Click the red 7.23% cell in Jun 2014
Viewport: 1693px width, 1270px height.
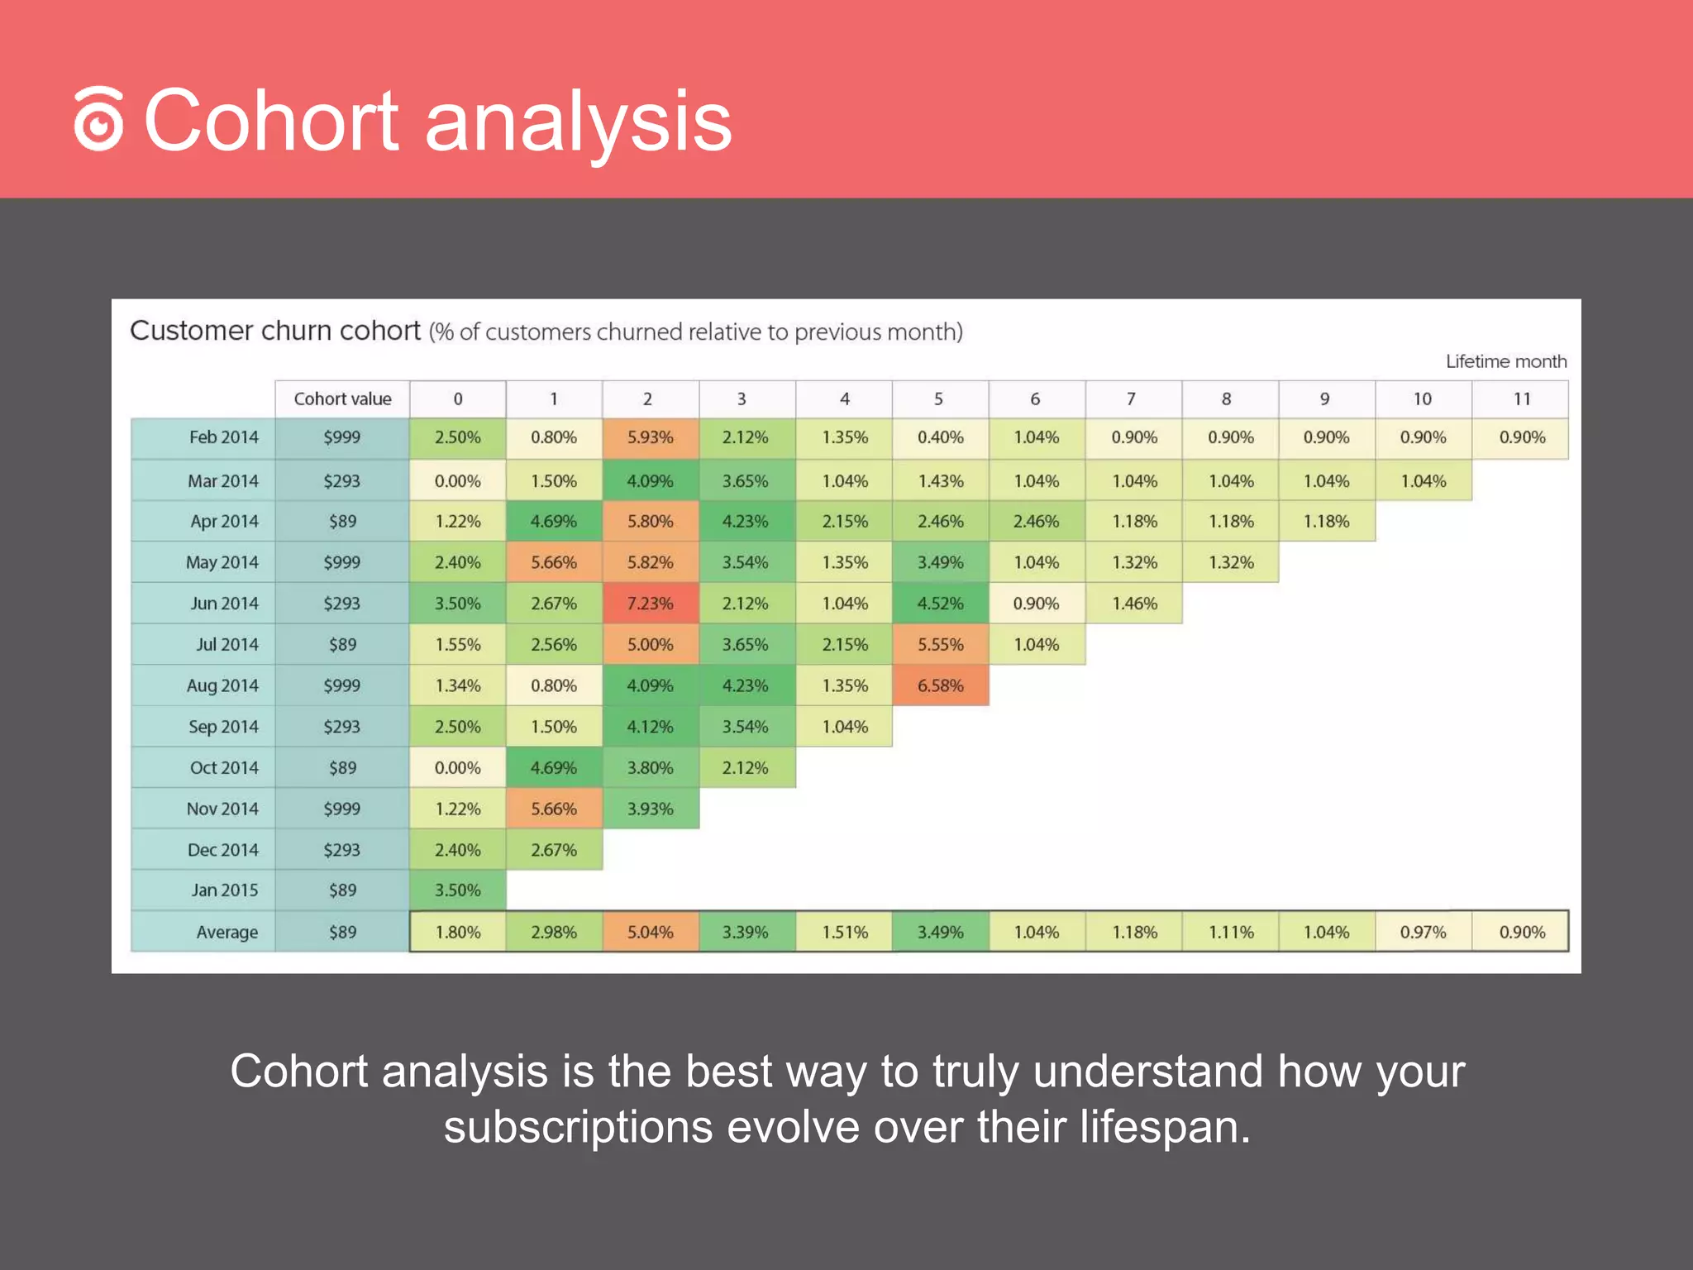pos(650,604)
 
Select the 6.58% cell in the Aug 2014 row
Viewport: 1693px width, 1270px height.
pos(940,685)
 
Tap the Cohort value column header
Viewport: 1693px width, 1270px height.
pos(342,399)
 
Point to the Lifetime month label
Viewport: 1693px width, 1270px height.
pos(1505,361)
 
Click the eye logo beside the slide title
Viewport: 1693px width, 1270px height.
pos(99,120)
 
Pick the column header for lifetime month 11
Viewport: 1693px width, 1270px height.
pos(1521,399)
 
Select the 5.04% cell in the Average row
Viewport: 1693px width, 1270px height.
pos(650,932)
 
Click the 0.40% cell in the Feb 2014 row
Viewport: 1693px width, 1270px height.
pos(940,437)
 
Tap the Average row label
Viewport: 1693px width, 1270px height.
pos(227,932)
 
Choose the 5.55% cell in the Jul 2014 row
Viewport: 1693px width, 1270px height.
pos(940,644)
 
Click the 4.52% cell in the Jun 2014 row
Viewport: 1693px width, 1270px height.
pos(940,604)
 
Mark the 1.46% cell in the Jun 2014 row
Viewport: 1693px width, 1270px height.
pos(1134,604)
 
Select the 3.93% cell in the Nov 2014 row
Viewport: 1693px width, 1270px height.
pos(650,809)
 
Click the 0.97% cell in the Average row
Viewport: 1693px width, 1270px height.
pos(1423,932)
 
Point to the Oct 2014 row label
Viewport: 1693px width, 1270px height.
pos(224,767)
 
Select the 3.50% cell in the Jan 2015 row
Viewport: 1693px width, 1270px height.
pos(457,890)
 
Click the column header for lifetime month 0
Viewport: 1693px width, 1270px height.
pos(457,399)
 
